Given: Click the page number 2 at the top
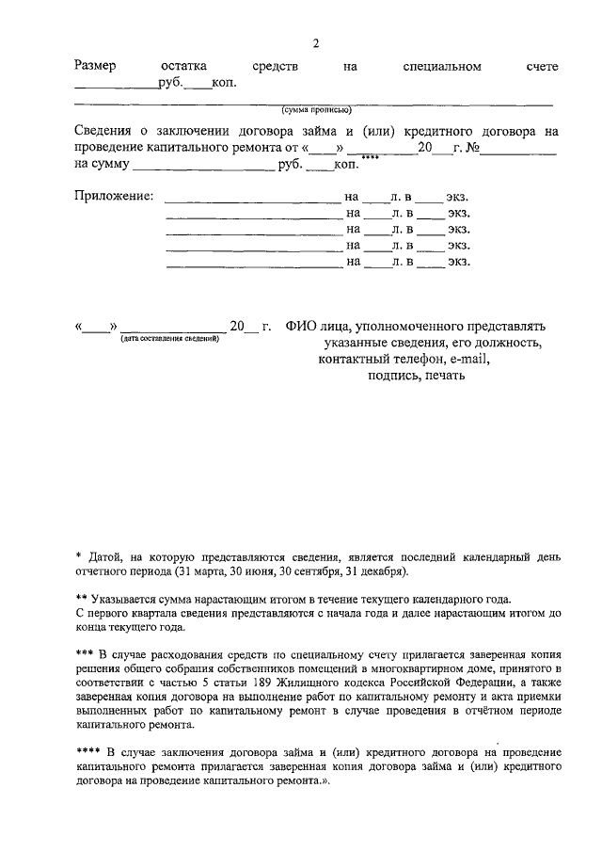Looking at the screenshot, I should (x=316, y=44).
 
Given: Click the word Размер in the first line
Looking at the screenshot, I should (x=95, y=67).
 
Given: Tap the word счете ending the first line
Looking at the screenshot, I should (x=543, y=67).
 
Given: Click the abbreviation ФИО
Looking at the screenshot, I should (x=298, y=326).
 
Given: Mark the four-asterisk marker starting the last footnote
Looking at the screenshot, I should (x=87, y=752).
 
